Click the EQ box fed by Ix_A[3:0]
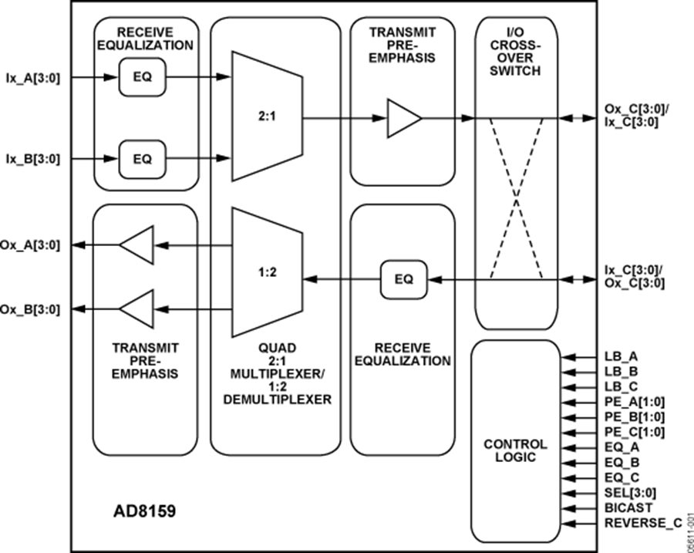(x=142, y=78)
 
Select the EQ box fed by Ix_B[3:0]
(x=142, y=159)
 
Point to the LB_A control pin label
(x=622, y=356)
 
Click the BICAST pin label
(x=628, y=507)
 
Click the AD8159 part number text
(x=140, y=511)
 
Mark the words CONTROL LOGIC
(x=515, y=451)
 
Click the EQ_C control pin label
(x=622, y=477)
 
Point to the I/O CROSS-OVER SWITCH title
(x=515, y=51)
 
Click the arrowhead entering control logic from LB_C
(x=568, y=387)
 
